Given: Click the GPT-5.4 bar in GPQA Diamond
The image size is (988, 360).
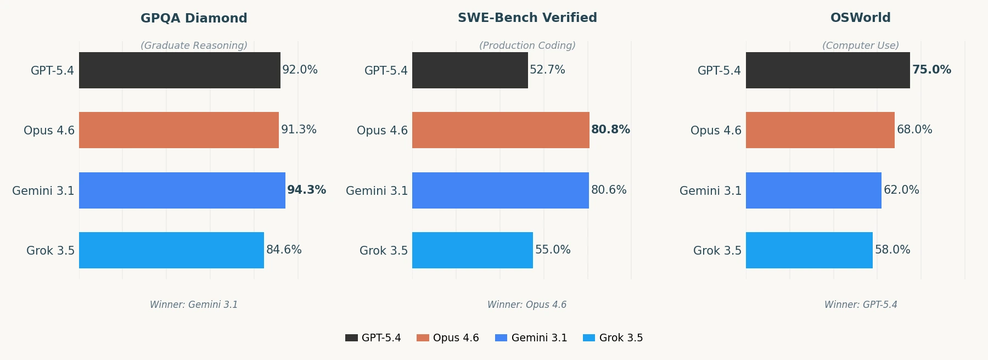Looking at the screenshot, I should pos(179,70).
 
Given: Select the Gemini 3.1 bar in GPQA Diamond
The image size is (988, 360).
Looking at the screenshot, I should pos(182,190).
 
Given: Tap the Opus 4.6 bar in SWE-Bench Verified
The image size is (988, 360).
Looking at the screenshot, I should pos(501,130).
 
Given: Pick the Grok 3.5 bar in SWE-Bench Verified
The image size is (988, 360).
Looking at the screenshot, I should pos(472,250).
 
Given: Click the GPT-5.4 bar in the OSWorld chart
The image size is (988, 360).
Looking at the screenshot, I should pos(828,70).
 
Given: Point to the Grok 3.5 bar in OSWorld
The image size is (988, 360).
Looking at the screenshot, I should pos(809,250).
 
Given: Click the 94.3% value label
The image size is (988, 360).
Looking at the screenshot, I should pos(306,190).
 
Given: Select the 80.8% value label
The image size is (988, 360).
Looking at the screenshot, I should pos(610,130).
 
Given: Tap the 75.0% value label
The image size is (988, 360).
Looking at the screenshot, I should pos(931,70).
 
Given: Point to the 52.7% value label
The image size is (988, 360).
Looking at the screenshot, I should pos(547,70).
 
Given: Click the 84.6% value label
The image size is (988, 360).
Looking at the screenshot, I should pos(284,250).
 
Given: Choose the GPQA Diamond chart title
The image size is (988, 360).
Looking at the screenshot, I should pos(194,18).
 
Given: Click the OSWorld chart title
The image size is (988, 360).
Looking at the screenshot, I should pos(860,18).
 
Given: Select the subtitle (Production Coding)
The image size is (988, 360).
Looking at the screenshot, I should pos(527,46).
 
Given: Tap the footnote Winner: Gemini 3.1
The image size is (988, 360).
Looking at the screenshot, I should pos(194,305).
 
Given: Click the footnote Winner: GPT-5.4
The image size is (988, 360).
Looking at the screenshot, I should pos(861,305).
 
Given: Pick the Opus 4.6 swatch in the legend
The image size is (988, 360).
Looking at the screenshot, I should pos(423,338).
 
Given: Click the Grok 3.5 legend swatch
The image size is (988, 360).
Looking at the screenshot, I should pos(589,338).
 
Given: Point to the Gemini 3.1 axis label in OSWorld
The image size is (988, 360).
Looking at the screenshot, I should pos(710,191).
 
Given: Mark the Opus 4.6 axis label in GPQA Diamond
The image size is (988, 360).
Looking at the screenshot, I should pos(49,131).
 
